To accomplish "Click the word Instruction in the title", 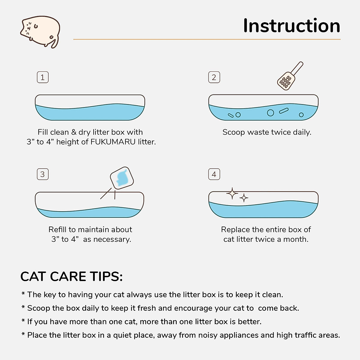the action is (x=292, y=26).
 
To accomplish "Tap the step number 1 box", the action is (x=43, y=77).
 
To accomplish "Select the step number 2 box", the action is (x=214, y=77).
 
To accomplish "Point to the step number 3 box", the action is (x=43, y=174).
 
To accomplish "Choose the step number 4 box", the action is (x=214, y=174).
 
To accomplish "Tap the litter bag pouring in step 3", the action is (x=122, y=178).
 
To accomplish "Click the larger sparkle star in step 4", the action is (x=232, y=193).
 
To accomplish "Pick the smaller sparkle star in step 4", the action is (x=244, y=198).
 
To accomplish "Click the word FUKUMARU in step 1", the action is (x=113, y=142).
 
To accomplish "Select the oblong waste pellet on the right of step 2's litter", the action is (x=284, y=111).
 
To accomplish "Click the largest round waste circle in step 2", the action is (x=270, y=113).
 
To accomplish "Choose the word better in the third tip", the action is (x=250, y=322).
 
